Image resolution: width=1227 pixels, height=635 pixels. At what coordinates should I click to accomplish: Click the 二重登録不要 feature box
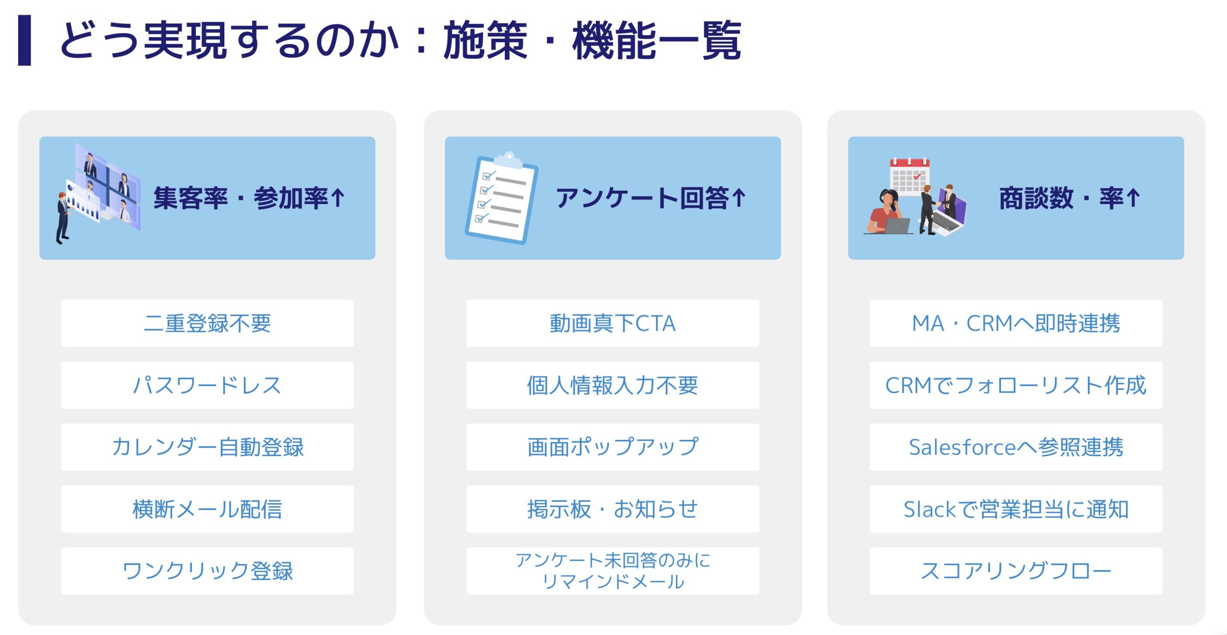coord(207,323)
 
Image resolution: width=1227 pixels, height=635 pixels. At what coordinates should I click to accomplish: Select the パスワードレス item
coord(207,385)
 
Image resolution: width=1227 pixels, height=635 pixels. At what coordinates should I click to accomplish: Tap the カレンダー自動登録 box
coord(207,447)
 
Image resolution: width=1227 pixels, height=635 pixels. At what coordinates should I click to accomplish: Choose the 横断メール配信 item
coord(207,509)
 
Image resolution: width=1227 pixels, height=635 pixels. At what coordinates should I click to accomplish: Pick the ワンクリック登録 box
coord(207,571)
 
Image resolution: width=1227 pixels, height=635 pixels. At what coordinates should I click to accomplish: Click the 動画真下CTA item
coord(613,323)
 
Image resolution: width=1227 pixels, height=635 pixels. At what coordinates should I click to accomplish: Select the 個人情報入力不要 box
coord(613,385)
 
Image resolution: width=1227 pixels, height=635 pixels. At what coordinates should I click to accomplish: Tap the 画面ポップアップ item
coord(613,447)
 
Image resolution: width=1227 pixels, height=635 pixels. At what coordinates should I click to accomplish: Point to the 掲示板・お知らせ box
coord(613,509)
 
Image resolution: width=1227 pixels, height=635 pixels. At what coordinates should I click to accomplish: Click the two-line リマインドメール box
coord(613,571)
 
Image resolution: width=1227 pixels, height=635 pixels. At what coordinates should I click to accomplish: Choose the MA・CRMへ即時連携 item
coord(1016,323)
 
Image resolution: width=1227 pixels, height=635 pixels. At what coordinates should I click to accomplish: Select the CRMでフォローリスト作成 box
coord(1016,385)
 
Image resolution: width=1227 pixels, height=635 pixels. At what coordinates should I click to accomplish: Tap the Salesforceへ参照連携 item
coord(1016,447)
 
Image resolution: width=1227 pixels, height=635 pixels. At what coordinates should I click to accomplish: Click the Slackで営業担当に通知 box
coord(1016,509)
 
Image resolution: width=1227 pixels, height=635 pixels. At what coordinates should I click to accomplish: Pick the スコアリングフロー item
coord(1016,571)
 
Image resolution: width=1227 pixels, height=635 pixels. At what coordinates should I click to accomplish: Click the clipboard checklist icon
coord(501,198)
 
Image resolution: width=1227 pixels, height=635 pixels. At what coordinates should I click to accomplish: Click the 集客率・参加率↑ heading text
coord(249,198)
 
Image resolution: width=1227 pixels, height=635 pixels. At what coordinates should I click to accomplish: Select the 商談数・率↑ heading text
coord(1069,198)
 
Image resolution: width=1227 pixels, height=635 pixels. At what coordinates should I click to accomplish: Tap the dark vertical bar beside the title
coord(24,40)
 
